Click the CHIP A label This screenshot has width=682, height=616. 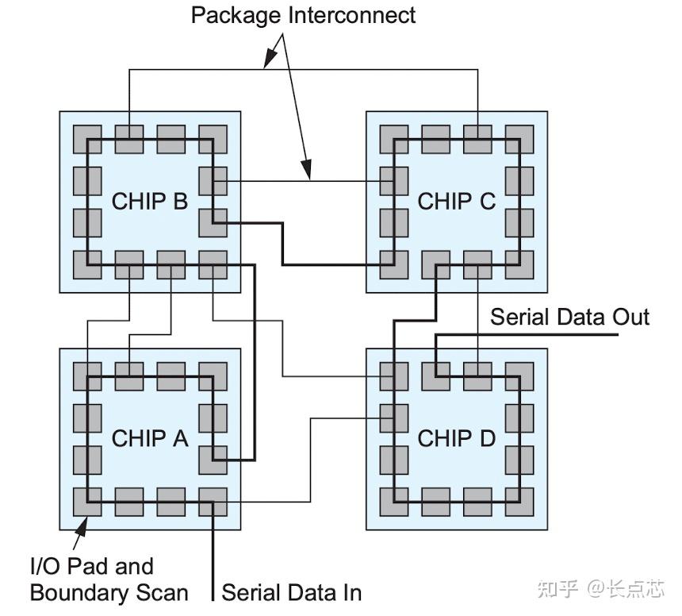(x=149, y=438)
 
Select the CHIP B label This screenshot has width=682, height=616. (x=149, y=201)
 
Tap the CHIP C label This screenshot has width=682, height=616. (x=456, y=201)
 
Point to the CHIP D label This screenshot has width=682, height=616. (x=456, y=438)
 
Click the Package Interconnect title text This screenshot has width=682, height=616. (x=304, y=16)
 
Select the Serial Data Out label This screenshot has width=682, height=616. (x=569, y=318)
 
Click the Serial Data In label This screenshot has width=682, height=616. (x=291, y=592)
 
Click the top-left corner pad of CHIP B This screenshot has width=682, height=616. (x=87, y=139)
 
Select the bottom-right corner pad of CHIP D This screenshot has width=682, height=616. (x=519, y=502)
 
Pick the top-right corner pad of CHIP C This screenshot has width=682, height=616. (x=519, y=139)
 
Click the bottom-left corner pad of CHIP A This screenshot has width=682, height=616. (x=87, y=502)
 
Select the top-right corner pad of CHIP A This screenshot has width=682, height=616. (x=212, y=375)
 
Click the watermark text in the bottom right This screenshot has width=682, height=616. (x=600, y=588)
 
